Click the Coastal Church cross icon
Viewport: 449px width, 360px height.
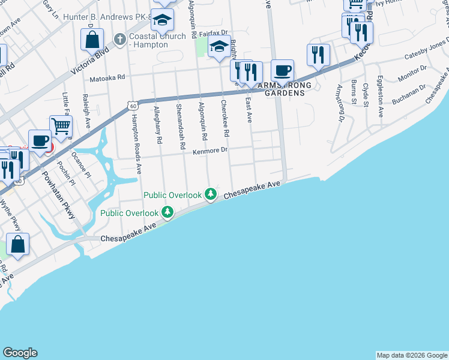(x=119, y=40)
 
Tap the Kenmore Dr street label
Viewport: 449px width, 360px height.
(x=211, y=151)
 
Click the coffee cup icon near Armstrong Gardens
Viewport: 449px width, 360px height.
(x=283, y=71)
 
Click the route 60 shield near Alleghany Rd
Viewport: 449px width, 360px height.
(x=132, y=106)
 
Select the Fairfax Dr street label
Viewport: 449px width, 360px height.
(x=214, y=33)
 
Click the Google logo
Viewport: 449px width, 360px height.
(x=20, y=352)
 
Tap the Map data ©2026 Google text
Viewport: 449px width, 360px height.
(x=411, y=355)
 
